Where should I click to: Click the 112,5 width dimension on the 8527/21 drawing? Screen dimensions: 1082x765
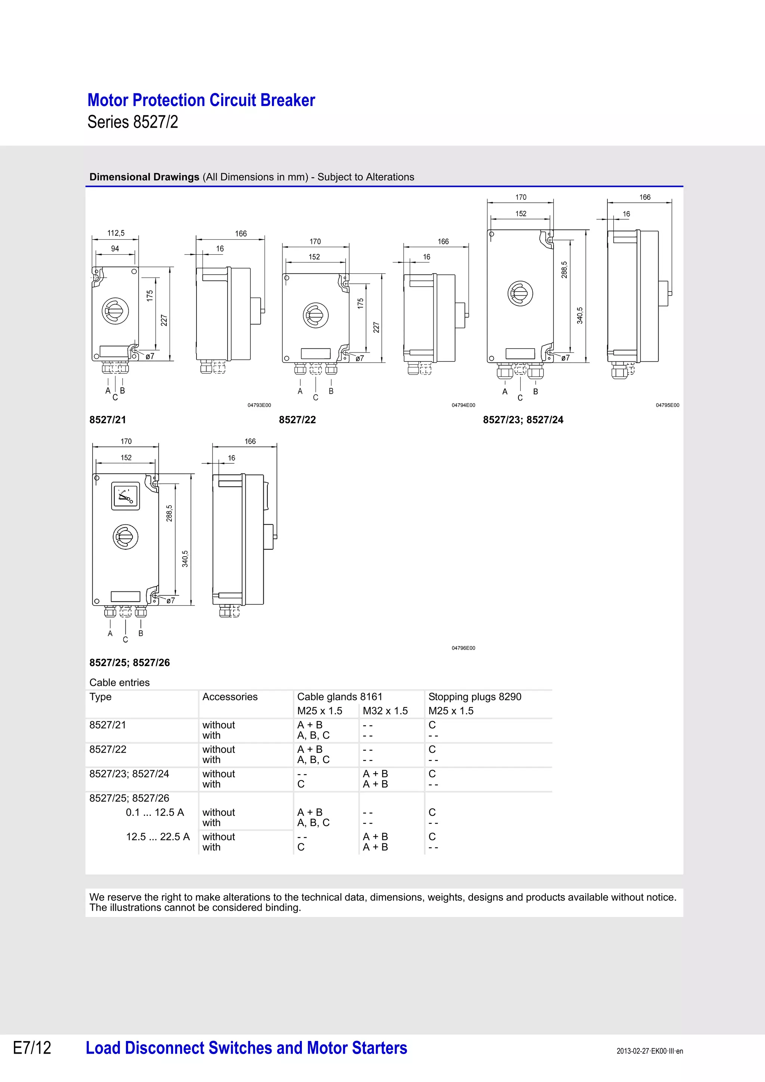coord(116,233)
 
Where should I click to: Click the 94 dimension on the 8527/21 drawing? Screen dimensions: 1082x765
coord(115,248)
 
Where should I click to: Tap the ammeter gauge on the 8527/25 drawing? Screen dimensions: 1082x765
coord(126,496)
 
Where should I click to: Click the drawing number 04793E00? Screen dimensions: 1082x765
coord(259,405)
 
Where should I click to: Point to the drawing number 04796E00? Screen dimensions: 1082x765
coord(463,648)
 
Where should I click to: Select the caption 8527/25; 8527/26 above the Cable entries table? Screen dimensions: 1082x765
coord(130,663)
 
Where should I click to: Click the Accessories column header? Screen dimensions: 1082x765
coord(230,697)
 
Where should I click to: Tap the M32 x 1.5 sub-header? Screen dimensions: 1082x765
coord(385,711)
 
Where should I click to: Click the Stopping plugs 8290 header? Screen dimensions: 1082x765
coord(475,697)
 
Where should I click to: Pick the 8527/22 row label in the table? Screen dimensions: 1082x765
coord(108,749)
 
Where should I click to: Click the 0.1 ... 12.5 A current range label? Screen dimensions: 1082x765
coord(155,812)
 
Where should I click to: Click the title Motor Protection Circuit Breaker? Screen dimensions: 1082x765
coord(201,100)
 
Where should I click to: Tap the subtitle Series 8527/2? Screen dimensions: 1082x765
coord(133,122)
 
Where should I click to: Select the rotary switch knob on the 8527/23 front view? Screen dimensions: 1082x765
coord(520,293)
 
